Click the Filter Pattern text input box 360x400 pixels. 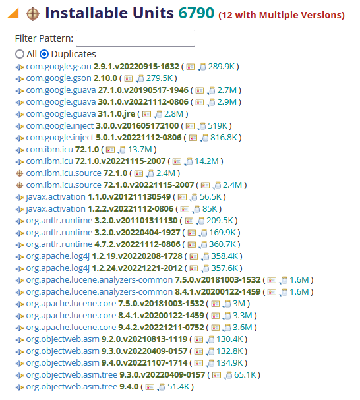(x=135, y=38)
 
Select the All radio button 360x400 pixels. (x=20, y=54)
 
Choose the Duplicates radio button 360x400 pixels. (x=44, y=54)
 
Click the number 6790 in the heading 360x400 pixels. (x=196, y=13)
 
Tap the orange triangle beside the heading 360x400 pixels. (x=14, y=14)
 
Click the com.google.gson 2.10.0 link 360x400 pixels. (x=71, y=78)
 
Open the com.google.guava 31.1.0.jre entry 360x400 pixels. (x=80, y=114)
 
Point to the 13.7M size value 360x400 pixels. (x=140, y=150)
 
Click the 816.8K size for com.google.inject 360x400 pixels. (x=224, y=138)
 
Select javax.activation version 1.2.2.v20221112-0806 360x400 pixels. (x=100, y=209)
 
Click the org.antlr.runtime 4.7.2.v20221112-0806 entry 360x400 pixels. (x=103, y=244)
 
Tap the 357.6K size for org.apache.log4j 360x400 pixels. (x=224, y=268)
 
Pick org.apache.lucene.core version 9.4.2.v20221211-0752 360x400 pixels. (x=115, y=328)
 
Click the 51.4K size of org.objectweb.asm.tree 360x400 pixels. (x=179, y=387)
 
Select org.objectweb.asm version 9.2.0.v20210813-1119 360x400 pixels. (x=107, y=339)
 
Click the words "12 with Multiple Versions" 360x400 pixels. (x=282, y=15)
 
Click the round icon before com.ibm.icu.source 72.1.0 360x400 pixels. (x=20, y=173)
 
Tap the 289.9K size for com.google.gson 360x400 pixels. (x=222, y=67)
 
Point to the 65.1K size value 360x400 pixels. (x=245, y=375)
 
